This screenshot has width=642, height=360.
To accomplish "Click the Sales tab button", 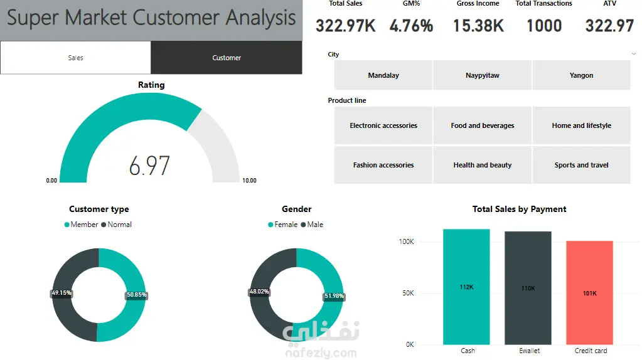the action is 75,58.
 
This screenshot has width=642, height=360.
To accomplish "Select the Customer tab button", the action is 227,58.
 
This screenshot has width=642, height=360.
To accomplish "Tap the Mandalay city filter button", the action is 383,75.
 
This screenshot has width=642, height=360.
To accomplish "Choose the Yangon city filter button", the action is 581,75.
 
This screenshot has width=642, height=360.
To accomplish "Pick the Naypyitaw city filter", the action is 483,75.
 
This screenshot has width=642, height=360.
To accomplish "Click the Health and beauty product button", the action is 483,165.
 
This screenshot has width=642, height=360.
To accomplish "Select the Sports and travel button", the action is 581,165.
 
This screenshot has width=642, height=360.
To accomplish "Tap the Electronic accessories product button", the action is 383,125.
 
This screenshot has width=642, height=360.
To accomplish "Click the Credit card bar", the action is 589,292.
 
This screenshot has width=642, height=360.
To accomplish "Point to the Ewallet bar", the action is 528,288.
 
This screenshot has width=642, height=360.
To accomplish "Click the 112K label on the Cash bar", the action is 466,287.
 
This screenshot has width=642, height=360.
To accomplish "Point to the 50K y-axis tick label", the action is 408,293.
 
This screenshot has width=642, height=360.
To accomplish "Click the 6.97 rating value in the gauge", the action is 149,166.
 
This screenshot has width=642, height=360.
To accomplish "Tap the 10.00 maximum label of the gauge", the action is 249,181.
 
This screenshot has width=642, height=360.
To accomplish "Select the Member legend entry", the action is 81,225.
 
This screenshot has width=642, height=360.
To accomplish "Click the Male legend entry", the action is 312,225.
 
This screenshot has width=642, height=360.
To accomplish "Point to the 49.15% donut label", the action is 62,293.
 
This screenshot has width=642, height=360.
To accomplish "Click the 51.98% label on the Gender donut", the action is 334,296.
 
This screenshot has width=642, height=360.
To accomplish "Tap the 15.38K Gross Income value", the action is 478,26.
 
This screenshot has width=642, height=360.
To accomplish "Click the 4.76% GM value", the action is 411,26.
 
